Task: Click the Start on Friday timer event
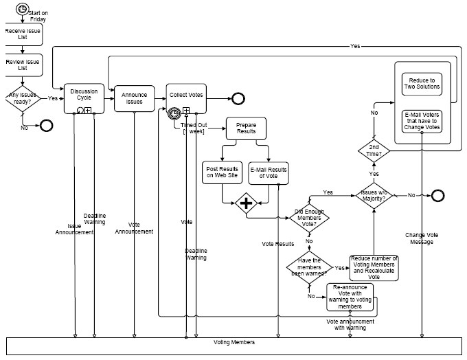pyautogui.click(x=23, y=10)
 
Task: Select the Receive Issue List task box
pyautogui.click(x=21, y=34)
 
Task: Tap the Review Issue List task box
pyautogui.click(x=21, y=65)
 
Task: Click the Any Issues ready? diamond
pyautogui.click(x=22, y=99)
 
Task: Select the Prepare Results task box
pyautogui.click(x=245, y=128)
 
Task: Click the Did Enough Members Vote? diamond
pyautogui.click(x=309, y=218)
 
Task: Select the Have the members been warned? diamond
pyautogui.click(x=309, y=267)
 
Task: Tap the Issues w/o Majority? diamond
pyautogui.click(x=373, y=195)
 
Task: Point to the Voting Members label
pyautogui.click(x=234, y=342)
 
